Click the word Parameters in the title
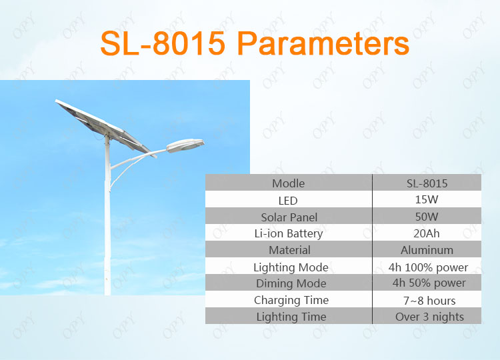coord(323,43)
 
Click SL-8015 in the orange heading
coord(163,43)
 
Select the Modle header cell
coord(288,183)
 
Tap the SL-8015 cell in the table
coord(427,183)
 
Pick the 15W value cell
coord(427,199)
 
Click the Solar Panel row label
coord(289,217)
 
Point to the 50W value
coord(427,217)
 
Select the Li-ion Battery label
coord(289,234)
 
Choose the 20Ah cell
coord(427,233)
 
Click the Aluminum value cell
coord(427,250)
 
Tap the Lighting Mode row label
coord(291,267)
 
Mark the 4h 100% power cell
coord(428,267)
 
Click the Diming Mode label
coord(291,283)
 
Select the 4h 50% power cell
coord(429,283)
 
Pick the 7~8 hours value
coord(429,301)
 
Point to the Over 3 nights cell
coord(429,317)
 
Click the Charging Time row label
coord(291,301)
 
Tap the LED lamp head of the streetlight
coord(185,145)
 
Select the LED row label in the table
coord(288,201)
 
